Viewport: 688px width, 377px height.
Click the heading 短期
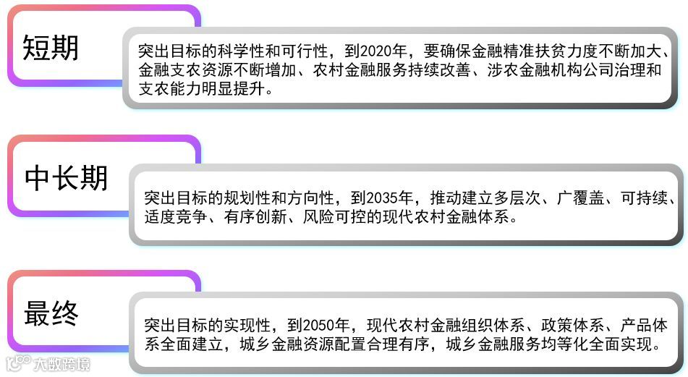[x=51, y=48]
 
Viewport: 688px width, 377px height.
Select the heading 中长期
[x=66, y=178]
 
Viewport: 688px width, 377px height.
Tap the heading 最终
[x=51, y=313]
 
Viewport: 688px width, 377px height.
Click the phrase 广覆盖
[x=574, y=198]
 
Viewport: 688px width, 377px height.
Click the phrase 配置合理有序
[x=383, y=344]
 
